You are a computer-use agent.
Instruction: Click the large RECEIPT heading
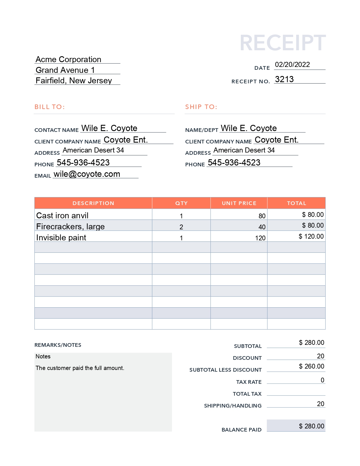283,43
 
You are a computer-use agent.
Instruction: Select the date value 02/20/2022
292,65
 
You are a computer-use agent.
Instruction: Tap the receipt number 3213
284,79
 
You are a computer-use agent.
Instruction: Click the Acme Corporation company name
68,60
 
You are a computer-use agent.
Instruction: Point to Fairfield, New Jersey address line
74,81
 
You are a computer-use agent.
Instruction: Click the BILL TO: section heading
50,107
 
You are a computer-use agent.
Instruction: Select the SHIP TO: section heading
201,107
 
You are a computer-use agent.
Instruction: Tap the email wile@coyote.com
87,174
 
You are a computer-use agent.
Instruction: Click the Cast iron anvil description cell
62,215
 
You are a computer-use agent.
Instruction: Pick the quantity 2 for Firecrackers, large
181,227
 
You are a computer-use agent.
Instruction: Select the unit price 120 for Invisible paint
260,238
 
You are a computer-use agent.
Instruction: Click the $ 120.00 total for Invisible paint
311,236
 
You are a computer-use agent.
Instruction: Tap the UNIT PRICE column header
239,203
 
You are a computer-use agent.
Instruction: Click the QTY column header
181,203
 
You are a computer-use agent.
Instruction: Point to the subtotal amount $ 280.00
311,343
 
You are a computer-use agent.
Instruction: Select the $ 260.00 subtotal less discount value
311,366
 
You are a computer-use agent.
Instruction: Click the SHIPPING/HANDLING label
233,406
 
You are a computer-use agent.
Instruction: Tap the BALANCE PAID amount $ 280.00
311,426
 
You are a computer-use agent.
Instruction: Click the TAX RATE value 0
322,380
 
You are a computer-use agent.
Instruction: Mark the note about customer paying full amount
80,368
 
